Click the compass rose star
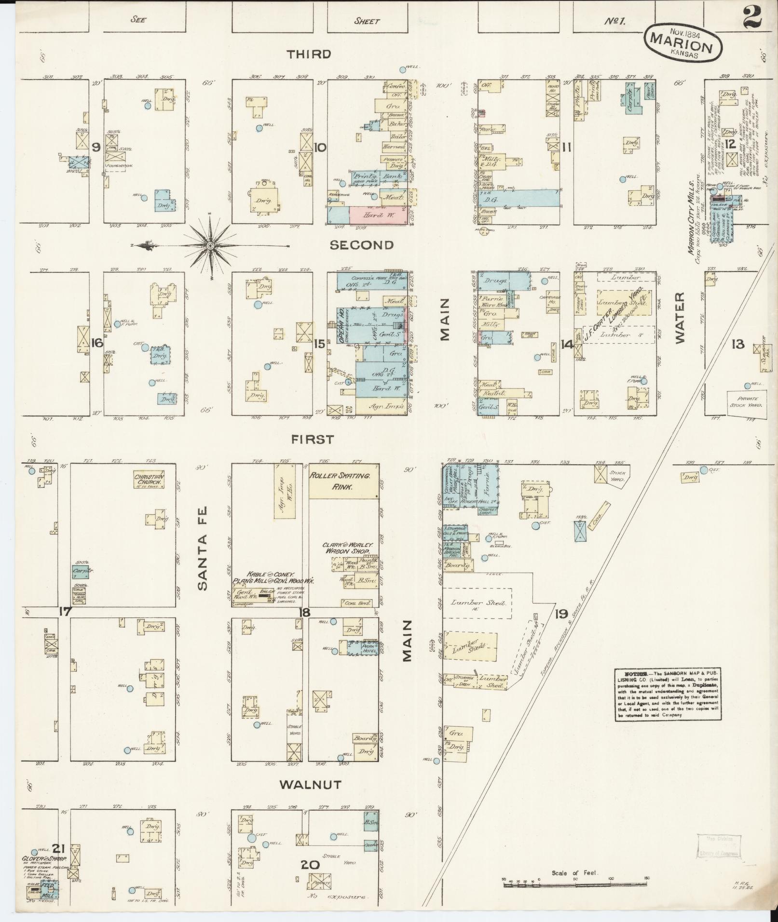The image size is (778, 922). pos(211,246)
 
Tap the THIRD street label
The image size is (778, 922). pos(309,54)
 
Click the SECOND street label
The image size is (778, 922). pos(362,245)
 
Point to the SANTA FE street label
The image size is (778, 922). pos(202,547)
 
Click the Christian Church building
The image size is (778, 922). pos(150,480)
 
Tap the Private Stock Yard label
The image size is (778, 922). pos(747,402)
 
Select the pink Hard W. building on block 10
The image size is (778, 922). pos(378,214)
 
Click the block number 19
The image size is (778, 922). pos(561,614)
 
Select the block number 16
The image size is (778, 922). pos(96,343)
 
